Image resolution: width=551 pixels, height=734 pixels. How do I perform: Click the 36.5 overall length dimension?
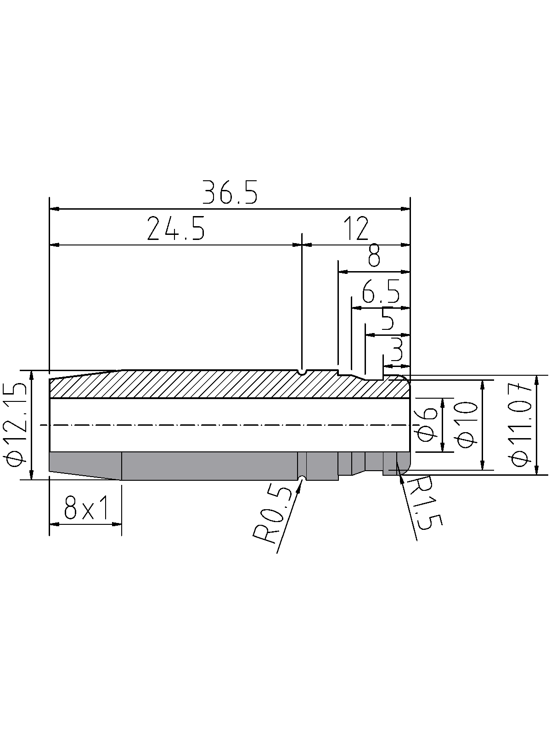(230, 193)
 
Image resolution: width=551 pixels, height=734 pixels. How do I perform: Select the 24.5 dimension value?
(175, 229)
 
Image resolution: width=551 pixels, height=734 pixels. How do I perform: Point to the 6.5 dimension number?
(381, 292)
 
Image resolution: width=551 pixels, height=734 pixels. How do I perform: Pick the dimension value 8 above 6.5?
(374, 256)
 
